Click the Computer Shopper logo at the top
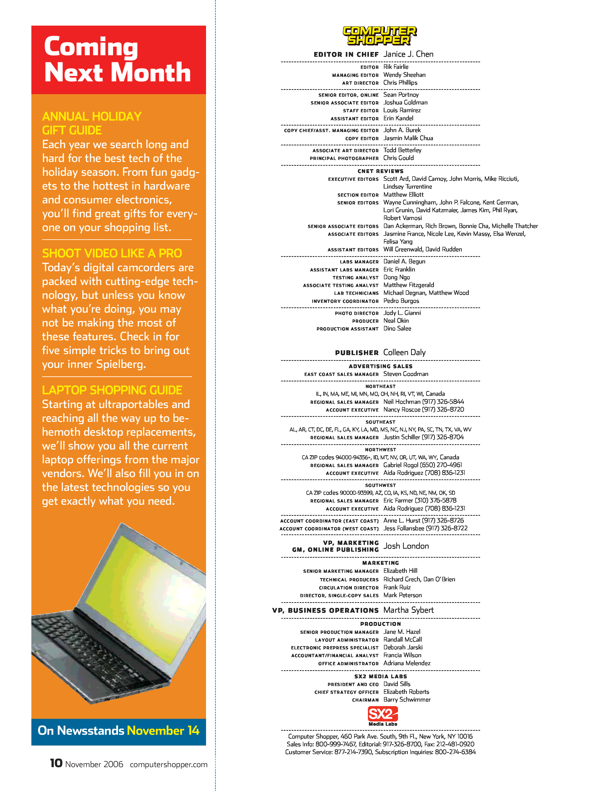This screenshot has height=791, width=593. [x=380, y=35]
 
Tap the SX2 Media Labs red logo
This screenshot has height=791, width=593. [x=382, y=714]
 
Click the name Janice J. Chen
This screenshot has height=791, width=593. [x=408, y=54]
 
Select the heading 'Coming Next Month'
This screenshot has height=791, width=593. [x=117, y=59]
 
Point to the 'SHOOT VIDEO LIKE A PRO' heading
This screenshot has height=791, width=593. [x=112, y=253]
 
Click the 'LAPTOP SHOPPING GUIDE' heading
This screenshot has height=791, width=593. [x=112, y=390]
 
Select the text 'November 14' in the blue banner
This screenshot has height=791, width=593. [x=163, y=730]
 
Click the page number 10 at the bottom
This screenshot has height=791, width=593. [x=56, y=763]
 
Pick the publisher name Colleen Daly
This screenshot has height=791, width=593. [x=404, y=352]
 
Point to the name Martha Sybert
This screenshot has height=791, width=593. [x=409, y=610]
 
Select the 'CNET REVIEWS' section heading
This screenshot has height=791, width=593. [x=380, y=171]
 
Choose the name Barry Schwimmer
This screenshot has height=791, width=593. [x=407, y=699]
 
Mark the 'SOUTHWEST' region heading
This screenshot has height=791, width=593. [x=380, y=485]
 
